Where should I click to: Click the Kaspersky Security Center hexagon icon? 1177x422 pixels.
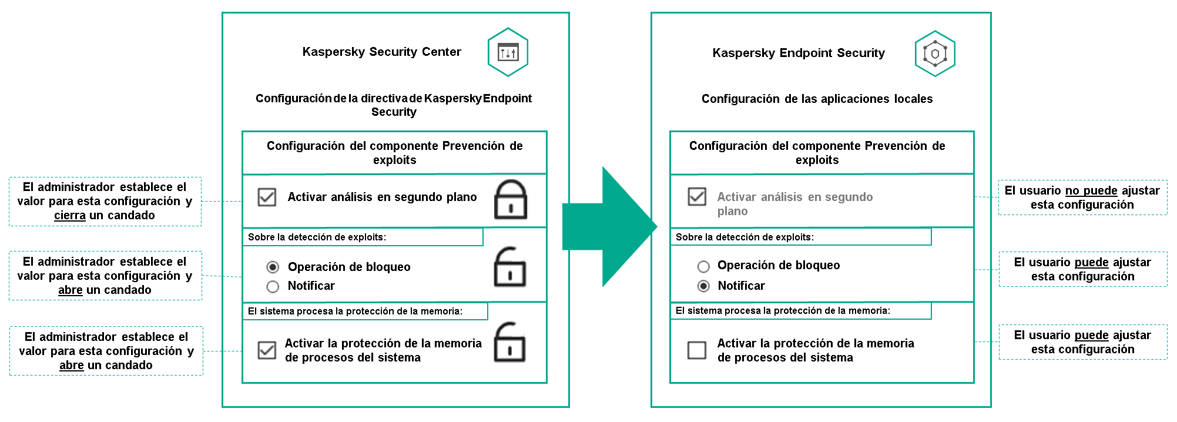pos(508,52)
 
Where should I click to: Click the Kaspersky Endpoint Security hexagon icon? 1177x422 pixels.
pos(935,53)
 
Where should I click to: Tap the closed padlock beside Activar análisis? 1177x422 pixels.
pos(510,200)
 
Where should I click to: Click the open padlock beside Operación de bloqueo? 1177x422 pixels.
pos(509,267)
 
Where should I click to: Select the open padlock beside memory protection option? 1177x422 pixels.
pos(509,343)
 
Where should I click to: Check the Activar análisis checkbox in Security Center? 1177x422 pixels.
pos(267,197)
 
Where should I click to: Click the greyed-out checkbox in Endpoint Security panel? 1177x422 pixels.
pos(697,196)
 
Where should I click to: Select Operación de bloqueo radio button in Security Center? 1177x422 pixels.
pos(273,267)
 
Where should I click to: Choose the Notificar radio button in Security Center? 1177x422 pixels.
pos(273,286)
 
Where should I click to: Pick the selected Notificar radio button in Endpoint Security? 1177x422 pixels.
pos(703,286)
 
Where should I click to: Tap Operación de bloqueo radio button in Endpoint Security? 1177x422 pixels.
pos(703,266)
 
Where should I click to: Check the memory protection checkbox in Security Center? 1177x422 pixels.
pos(267,350)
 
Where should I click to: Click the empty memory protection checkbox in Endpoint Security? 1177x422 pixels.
pos(697,350)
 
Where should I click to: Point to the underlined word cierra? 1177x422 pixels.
pos(70,216)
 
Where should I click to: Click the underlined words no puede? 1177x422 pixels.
pos(1091,190)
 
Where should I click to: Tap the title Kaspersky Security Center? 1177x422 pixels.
pos(381,52)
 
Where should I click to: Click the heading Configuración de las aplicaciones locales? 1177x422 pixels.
pos(817,99)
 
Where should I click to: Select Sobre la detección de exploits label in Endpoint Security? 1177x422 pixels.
pos(745,237)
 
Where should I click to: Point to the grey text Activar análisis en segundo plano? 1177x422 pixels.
pos(794,203)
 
